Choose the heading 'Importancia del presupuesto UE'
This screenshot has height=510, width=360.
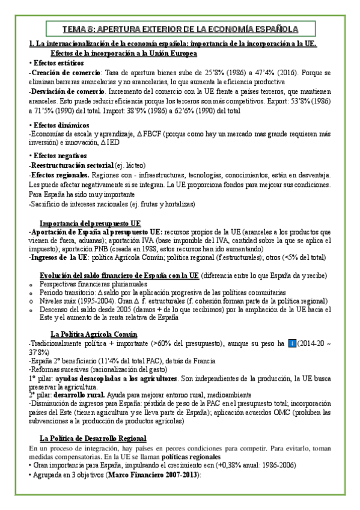coord(95,223)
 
